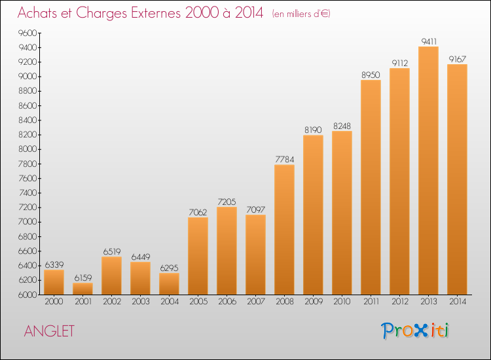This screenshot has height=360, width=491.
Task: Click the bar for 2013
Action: (428, 170)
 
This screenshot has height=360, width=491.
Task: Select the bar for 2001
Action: (82, 289)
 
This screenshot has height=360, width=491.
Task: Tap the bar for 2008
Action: (284, 230)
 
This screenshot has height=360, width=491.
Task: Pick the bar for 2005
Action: (198, 256)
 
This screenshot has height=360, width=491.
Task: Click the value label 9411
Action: (429, 41)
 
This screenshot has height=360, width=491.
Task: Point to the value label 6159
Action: (83, 278)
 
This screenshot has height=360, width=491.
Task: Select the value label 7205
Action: (227, 202)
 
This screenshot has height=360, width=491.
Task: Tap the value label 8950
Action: (371, 75)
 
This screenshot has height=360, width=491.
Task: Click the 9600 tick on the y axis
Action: (27, 33)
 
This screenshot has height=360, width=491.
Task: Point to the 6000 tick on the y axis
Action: (27, 295)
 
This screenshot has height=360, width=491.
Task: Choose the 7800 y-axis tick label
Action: (27, 164)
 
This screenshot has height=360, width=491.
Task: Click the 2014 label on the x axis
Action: (458, 301)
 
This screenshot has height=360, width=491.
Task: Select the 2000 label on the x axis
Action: (54, 301)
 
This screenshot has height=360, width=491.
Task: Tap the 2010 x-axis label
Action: (342, 301)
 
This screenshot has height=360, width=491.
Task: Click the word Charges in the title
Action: (101, 13)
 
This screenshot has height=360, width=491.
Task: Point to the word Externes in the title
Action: (156, 12)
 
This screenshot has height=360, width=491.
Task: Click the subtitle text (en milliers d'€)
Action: (301, 14)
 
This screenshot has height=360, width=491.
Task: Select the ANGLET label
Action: (49, 331)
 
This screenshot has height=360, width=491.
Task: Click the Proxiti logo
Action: (415, 331)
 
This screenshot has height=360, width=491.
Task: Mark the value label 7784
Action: (285, 159)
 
